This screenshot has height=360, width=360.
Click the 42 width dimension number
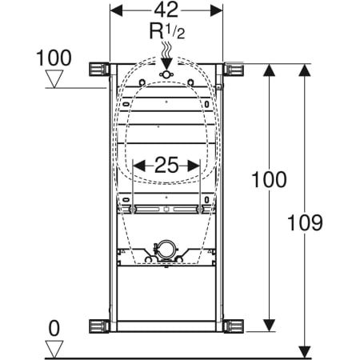coord(166,10)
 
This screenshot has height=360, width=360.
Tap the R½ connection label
coord(167,31)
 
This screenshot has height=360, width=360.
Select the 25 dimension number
coord(166,165)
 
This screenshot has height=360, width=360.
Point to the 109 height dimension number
coord(305,222)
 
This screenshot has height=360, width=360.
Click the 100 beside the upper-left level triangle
coord(54,58)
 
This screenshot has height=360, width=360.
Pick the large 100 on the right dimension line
coord(270,180)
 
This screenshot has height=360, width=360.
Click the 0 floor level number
coord(54,329)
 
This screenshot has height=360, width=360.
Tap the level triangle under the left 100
coord(54,78)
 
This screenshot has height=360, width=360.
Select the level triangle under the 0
coord(54,349)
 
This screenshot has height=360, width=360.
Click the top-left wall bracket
coord(99,70)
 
